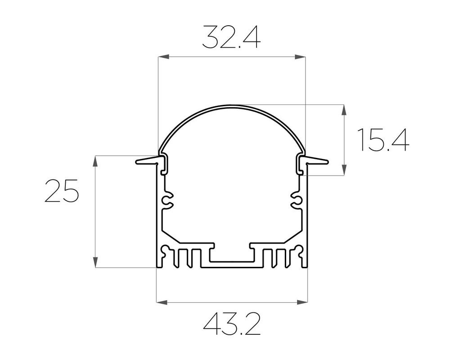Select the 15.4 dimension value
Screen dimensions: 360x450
point(383,140)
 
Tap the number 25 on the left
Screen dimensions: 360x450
point(62,190)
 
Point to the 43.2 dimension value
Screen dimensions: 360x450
point(232,324)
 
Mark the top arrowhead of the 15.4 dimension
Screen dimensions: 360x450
point(344,110)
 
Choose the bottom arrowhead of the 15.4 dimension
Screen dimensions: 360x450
point(344,170)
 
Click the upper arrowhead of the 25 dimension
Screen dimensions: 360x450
point(95,161)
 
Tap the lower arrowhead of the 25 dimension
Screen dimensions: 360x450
point(95,262)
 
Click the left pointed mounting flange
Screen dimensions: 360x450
point(146,161)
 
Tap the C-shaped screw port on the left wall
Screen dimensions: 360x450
point(167,201)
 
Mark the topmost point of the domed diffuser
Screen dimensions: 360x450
point(232,106)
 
